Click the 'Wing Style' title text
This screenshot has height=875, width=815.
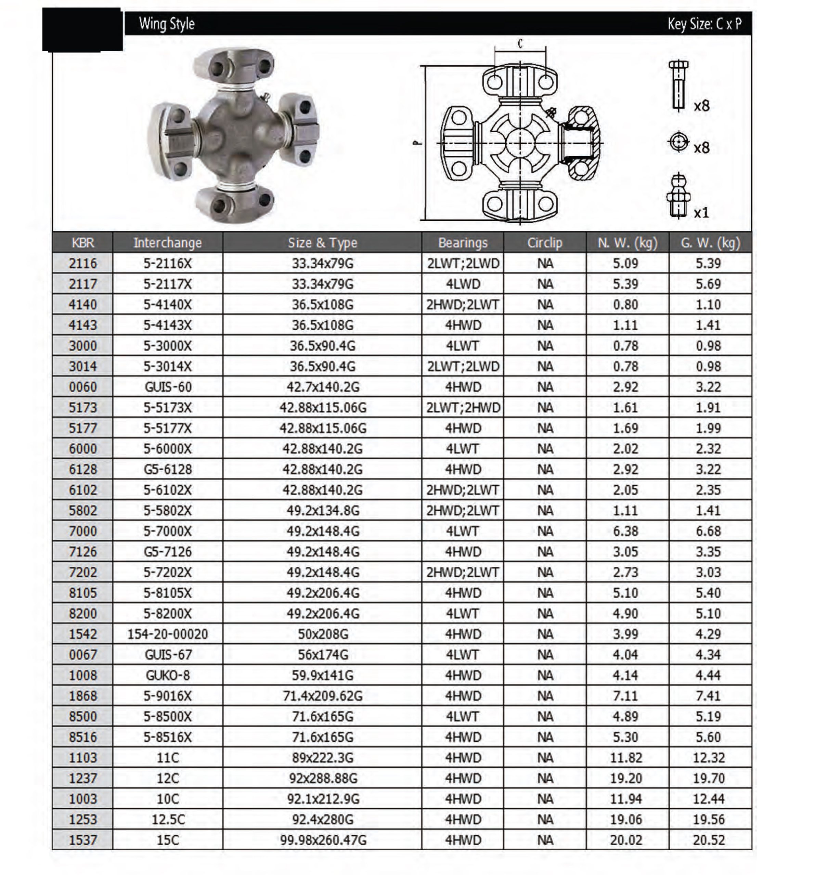click(167, 24)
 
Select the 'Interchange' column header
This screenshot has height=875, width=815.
click(167, 243)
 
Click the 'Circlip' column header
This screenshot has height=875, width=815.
click(544, 243)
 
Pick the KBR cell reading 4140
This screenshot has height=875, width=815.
click(83, 305)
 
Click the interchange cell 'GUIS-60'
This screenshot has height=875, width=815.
click(168, 387)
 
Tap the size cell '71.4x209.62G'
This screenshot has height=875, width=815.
click(322, 696)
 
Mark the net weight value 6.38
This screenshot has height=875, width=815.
click(625, 531)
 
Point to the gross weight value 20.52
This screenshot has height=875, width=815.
click(708, 840)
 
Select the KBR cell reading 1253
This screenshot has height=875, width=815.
click(83, 819)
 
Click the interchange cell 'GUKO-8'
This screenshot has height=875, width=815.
click(168, 675)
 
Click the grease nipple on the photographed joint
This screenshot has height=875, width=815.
click(266, 96)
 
